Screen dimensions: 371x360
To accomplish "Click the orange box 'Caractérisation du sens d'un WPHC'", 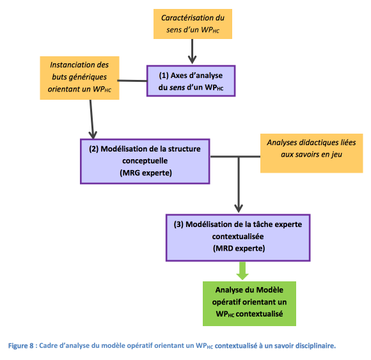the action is (x=193, y=24).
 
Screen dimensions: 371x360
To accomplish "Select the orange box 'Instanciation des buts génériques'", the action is (x=79, y=78).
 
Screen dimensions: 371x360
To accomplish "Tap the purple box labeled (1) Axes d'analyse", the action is (x=191, y=81).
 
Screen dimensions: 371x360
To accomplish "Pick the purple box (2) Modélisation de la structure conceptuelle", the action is (x=145, y=161).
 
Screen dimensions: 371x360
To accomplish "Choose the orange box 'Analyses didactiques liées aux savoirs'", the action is (x=312, y=153).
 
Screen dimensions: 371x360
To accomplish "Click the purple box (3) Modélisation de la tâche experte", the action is (x=238, y=238).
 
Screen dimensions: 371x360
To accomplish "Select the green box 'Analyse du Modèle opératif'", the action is (x=249, y=304).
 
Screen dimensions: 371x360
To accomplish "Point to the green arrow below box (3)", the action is (x=242, y=271).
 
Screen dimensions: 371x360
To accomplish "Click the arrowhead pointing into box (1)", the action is (x=192, y=60).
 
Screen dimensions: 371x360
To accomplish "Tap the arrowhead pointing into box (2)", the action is (x=93, y=136).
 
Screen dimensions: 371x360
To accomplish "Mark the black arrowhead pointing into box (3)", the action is (x=239, y=209).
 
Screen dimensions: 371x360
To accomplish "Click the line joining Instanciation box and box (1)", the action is (x=132, y=81).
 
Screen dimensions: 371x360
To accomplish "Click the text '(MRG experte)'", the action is (x=146, y=173).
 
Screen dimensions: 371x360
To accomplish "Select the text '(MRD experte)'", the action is (x=239, y=248).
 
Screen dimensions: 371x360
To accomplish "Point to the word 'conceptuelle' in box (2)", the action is (x=145, y=161).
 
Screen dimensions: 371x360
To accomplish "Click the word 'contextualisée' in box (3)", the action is (x=238, y=237).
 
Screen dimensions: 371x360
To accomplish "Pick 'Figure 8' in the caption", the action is (x=21, y=345).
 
